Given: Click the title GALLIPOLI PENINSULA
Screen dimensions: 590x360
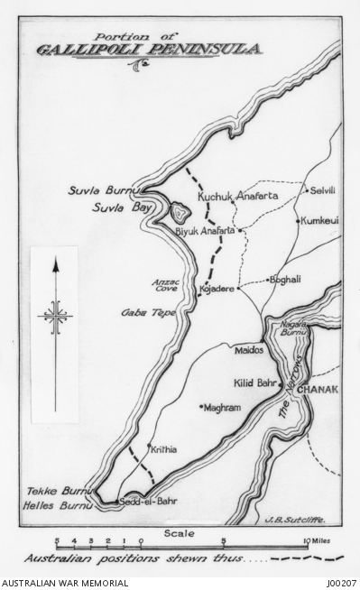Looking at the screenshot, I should (149, 48).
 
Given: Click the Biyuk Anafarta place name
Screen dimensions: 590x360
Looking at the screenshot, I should (204, 231).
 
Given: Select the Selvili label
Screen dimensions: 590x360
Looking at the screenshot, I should (322, 191).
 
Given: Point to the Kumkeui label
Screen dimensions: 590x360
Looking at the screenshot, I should (320, 220).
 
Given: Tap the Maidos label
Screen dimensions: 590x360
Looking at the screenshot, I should (249, 347).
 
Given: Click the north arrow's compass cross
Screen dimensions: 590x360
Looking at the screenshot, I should (55, 317).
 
